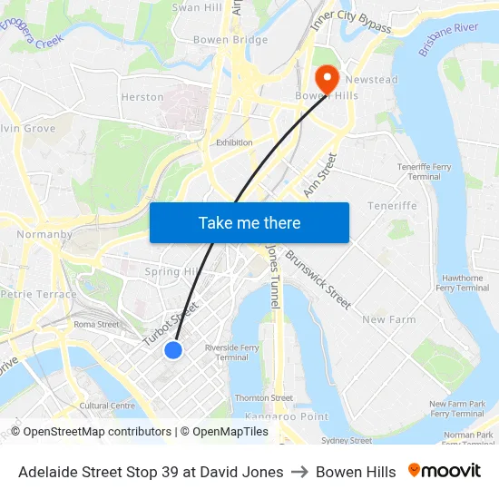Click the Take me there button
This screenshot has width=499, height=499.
tap(249, 222)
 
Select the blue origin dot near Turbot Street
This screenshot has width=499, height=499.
tap(173, 349)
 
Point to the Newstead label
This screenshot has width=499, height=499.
tap(372, 80)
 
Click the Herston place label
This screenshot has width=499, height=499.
tap(142, 97)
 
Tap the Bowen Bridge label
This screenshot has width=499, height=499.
tap(230, 40)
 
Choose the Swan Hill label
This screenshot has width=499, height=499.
tap(197, 7)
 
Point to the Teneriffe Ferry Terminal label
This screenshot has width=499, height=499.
tap(425, 171)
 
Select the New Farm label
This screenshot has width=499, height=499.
tap(388, 319)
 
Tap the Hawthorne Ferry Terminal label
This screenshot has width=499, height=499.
tap(462, 283)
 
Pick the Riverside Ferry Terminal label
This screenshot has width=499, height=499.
tap(232, 353)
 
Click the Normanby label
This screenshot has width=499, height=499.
tap(44, 234)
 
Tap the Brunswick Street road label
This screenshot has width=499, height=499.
tap(318, 280)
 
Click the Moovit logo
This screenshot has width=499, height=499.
tap(444, 471)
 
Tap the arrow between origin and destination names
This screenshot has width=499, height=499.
tap(299, 472)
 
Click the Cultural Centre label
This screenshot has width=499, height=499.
tap(107, 406)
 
